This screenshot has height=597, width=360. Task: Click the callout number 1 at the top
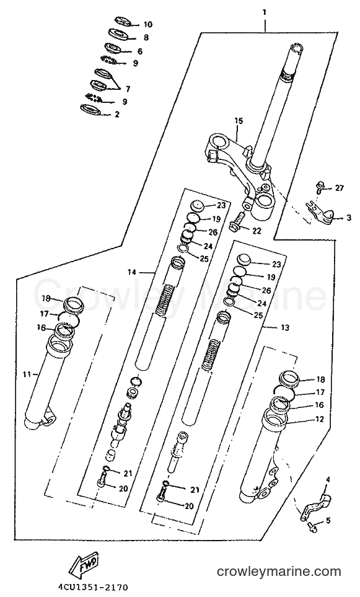click(x=264, y=12)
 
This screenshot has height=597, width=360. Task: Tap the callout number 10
click(x=147, y=25)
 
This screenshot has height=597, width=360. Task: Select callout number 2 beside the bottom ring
click(x=117, y=114)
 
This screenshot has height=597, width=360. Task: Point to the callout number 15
click(x=238, y=121)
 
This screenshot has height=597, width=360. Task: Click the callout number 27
click(x=340, y=188)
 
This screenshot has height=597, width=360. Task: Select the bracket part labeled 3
click(x=322, y=214)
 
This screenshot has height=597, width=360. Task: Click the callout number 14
click(x=132, y=272)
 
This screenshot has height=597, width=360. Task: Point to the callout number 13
click(x=284, y=327)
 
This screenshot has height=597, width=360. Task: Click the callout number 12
click(x=319, y=419)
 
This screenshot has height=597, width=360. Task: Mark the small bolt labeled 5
click(x=310, y=526)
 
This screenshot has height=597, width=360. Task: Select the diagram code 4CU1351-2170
click(x=93, y=586)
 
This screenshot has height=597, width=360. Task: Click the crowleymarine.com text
click(x=279, y=572)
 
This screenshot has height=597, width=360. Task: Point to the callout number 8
click(x=146, y=38)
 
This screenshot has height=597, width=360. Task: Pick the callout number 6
click(x=139, y=51)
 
